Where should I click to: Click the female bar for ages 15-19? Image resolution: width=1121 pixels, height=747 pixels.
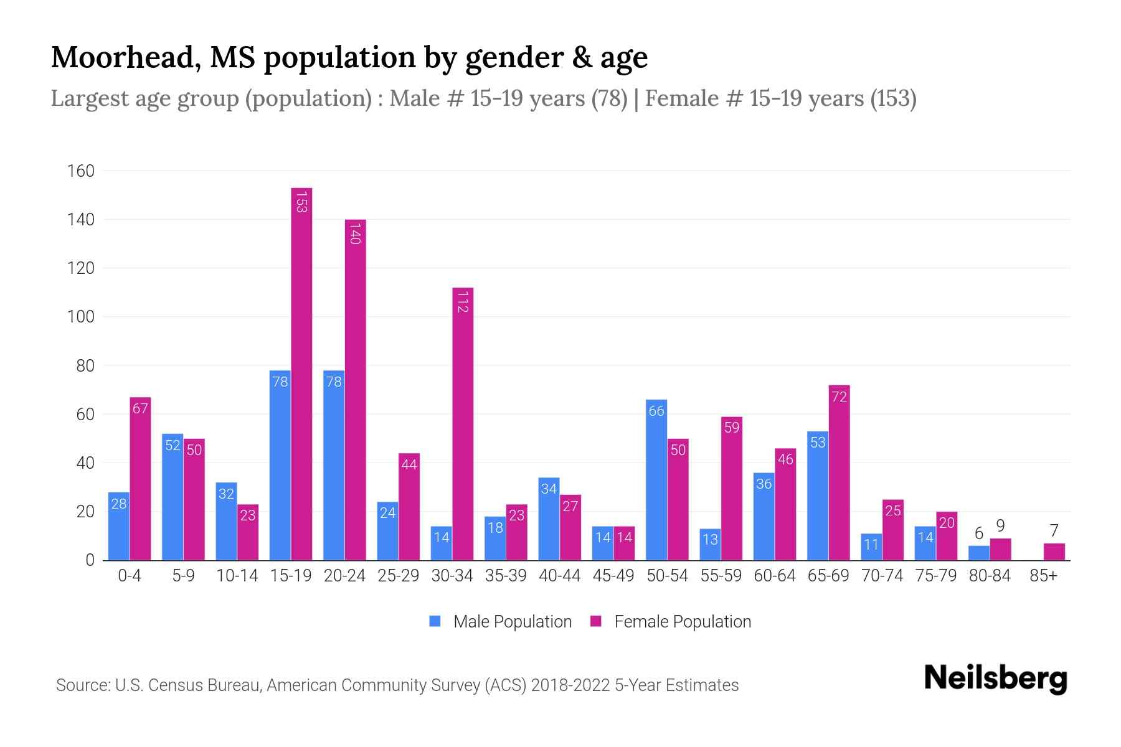click(301, 374)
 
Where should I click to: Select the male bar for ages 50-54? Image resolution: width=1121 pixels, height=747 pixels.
click(656, 479)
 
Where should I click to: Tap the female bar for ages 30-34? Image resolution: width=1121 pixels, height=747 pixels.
click(463, 423)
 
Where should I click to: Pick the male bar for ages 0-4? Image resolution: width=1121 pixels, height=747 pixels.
click(118, 526)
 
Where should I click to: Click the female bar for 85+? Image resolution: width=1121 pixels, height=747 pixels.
click(1054, 552)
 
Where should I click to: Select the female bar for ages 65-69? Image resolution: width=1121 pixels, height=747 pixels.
click(839, 473)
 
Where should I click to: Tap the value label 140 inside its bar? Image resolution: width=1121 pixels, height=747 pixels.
click(355, 233)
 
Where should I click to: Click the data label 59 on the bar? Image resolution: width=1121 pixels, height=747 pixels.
click(732, 428)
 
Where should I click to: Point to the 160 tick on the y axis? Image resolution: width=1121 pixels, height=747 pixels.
click(80, 171)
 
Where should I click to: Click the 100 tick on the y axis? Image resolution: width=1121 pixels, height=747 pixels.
click(80, 317)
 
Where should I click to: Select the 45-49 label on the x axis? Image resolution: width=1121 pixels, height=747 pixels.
click(613, 576)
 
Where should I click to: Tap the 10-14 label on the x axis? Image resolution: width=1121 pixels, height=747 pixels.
click(237, 576)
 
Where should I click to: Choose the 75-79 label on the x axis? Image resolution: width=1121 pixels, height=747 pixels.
click(935, 576)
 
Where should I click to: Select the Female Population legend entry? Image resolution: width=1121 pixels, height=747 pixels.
click(671, 621)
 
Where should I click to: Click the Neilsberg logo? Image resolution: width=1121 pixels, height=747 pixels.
click(995, 679)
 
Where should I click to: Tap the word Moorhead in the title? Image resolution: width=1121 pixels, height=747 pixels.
click(125, 57)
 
